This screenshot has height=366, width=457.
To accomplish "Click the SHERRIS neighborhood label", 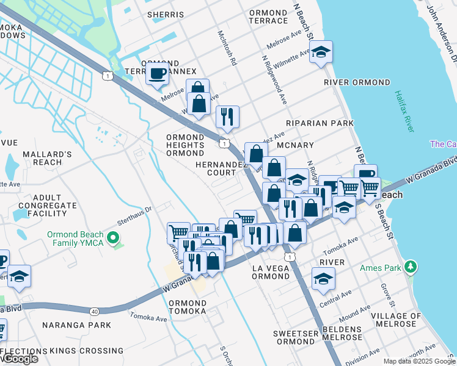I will tap(168, 13).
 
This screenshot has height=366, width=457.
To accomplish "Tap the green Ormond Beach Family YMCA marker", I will tap(112, 237).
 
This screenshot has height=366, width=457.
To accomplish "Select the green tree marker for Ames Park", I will tap(412, 267).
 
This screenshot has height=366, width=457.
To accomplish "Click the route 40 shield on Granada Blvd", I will tap(94, 312).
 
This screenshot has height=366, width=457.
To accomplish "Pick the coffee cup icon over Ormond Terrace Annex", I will tap(157, 74).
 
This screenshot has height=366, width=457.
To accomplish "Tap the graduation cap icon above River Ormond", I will tap(321, 52).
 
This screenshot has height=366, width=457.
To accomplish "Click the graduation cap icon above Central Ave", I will tap(323, 279).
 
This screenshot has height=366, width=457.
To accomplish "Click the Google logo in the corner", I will tap(20, 359).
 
